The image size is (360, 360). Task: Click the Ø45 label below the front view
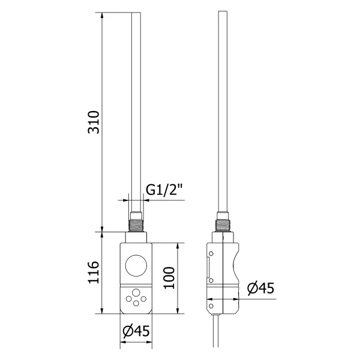click(136, 331)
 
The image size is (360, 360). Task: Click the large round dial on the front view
click(135, 264)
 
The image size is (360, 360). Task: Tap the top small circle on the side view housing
click(211, 254)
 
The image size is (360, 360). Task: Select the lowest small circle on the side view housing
click(211, 307)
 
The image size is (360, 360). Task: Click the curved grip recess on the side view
click(235, 264)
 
